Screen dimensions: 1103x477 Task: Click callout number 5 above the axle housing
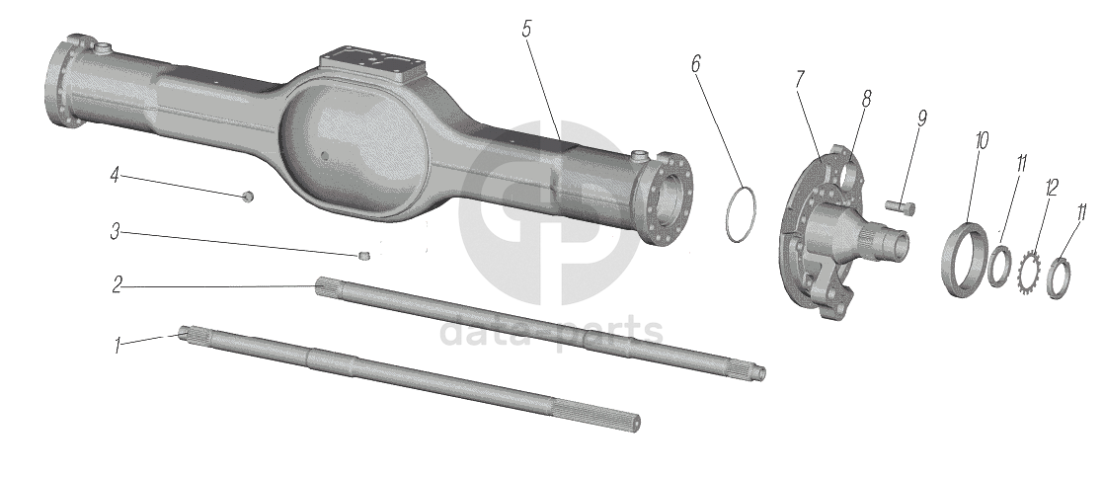(x=527, y=29)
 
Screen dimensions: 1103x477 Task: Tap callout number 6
(x=696, y=63)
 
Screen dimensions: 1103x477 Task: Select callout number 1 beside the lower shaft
(x=118, y=345)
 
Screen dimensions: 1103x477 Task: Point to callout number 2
(x=118, y=284)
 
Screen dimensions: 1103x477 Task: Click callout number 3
(x=116, y=231)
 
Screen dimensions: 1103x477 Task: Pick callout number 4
(x=115, y=175)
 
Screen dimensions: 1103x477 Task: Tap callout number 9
(x=921, y=119)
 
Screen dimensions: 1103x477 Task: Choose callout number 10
(x=982, y=140)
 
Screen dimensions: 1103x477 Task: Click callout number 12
(x=1052, y=187)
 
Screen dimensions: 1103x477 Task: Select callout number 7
(x=800, y=79)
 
